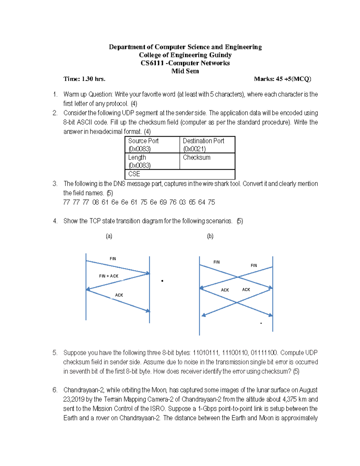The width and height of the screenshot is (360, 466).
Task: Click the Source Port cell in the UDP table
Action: [152, 145]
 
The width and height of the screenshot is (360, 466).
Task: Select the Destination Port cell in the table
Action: [207, 145]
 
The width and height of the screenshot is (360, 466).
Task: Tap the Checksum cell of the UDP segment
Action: [207, 161]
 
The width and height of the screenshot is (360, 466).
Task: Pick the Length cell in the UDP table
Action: [152, 161]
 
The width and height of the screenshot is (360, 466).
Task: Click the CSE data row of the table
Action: [180, 174]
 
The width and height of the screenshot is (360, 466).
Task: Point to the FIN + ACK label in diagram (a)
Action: [109, 276]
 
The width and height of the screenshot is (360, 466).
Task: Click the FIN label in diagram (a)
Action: [113, 259]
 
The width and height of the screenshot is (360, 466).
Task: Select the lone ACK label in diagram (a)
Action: [119, 295]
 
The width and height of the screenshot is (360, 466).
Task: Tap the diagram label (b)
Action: [210, 236]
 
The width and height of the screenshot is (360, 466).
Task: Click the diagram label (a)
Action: [109, 236]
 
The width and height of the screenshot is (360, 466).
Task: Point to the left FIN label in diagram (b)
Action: [217, 262]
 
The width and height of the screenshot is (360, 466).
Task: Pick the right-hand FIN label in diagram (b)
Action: [254, 266]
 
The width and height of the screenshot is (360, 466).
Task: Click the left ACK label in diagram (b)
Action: [225, 290]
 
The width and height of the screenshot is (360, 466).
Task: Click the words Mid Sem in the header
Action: [185, 71]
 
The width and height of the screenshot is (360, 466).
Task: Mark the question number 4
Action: [55, 221]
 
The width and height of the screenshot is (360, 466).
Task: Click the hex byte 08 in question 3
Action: [96, 202]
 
